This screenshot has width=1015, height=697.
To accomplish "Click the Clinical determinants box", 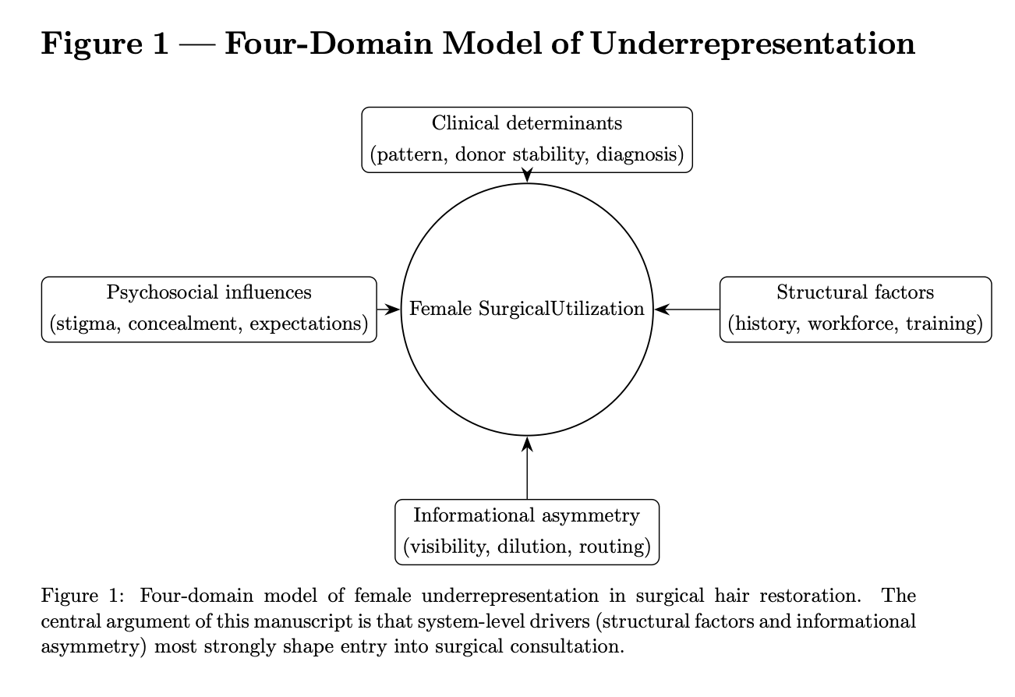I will coord(527,140).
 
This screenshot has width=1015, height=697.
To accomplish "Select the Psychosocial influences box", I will coord(209,309).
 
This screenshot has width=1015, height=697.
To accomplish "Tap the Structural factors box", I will coord(855,309).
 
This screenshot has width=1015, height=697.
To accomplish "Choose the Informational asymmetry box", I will coord(527,532).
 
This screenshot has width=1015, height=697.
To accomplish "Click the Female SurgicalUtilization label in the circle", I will coord(527,310).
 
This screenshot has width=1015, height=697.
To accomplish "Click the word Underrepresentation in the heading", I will coord(753,44).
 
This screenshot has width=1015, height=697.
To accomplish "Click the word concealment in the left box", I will coord(182,324).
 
